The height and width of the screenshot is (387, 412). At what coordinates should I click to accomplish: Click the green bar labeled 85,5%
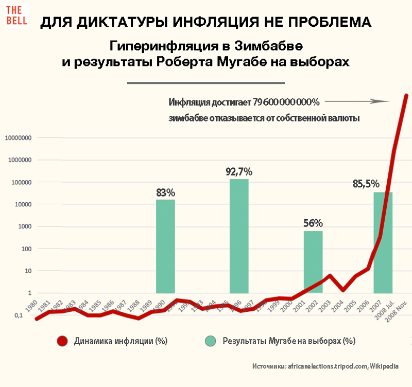pyautogui.click(x=383, y=242)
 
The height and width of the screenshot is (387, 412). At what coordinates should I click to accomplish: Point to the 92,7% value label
pyautogui.click(x=239, y=171)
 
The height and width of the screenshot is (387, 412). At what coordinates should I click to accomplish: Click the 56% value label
pyautogui.click(x=313, y=223)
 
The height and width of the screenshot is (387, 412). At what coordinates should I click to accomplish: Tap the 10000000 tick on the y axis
pyautogui.click(x=18, y=138)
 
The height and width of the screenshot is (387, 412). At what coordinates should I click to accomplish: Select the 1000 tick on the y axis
pyautogui.click(x=24, y=226)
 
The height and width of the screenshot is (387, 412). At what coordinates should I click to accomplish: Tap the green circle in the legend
pyautogui.click(x=211, y=341)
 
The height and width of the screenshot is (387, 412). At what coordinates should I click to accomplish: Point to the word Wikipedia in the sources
pyautogui.click(x=384, y=366)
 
